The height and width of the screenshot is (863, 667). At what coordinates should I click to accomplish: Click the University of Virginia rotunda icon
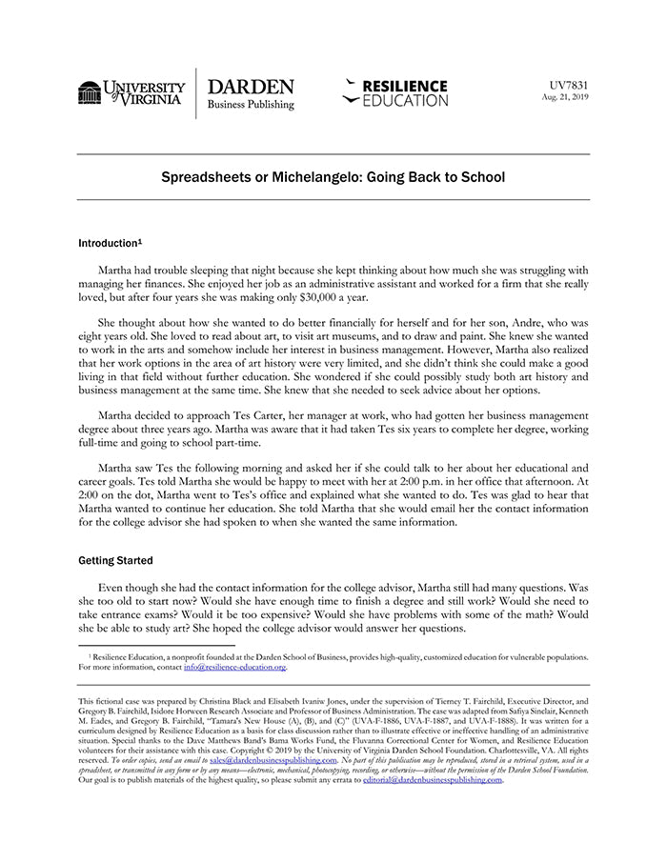[x=91, y=93]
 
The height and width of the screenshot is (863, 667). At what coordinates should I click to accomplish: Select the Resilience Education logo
[x=394, y=92]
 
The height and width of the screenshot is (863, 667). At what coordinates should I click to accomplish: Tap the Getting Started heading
[x=115, y=560]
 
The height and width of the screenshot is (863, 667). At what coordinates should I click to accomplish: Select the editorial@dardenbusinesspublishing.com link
[x=433, y=779]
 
